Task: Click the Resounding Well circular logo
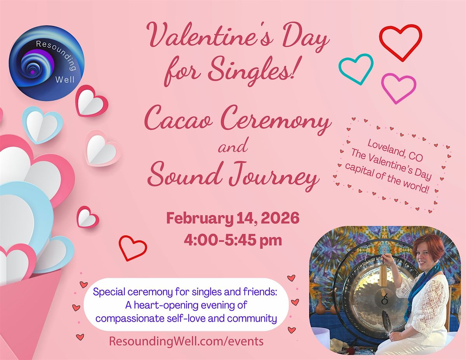point(47,63)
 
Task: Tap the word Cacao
point(178,119)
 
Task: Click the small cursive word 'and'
point(233,146)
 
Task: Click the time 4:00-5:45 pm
point(233,240)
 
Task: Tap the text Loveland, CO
point(395,150)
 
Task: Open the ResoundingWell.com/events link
point(186,341)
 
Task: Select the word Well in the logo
point(65,80)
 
